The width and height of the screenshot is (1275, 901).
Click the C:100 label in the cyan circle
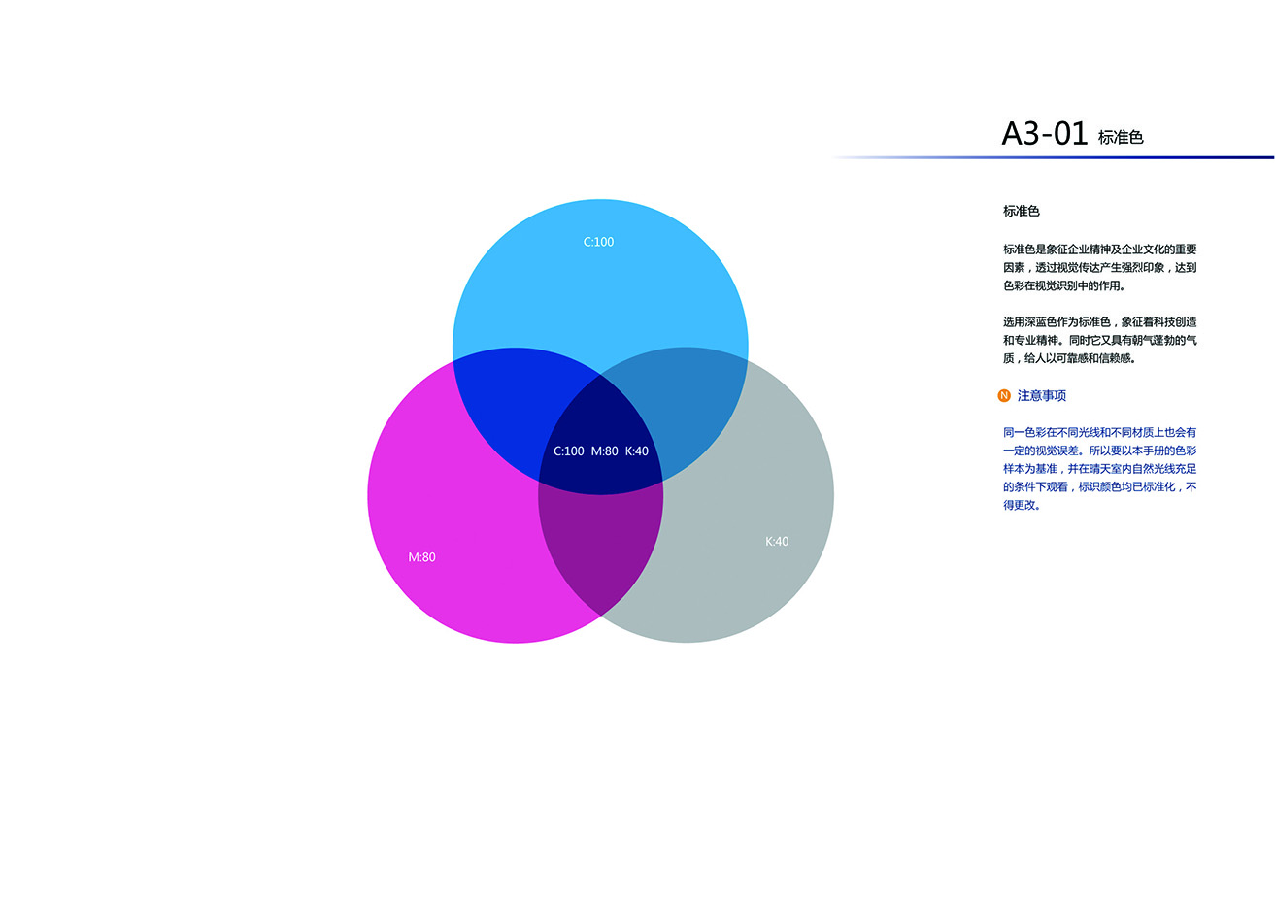tap(598, 242)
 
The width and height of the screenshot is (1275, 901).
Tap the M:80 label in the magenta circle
tap(421, 557)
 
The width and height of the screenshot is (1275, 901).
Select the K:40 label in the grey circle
tap(777, 542)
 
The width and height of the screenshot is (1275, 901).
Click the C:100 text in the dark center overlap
tap(569, 451)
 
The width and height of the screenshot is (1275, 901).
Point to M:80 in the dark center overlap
tap(605, 451)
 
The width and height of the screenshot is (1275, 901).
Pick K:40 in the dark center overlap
tap(637, 451)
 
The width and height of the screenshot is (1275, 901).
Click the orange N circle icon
tap(1004, 395)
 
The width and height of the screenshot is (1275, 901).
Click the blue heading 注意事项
tap(1042, 395)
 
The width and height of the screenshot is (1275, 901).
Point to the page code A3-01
tap(1045, 134)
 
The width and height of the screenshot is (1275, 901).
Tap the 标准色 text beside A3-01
tap(1121, 137)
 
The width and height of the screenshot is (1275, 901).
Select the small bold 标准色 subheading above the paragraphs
tap(1022, 211)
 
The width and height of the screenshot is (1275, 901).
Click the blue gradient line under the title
tap(1053, 157)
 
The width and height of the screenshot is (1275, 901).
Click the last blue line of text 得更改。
tap(1022, 505)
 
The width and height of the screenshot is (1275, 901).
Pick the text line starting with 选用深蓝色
tap(1099, 322)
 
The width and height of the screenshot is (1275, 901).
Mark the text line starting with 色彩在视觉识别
tap(1064, 285)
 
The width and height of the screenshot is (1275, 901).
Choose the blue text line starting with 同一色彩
tap(1099, 432)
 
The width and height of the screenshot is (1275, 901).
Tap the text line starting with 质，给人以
tap(1069, 358)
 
